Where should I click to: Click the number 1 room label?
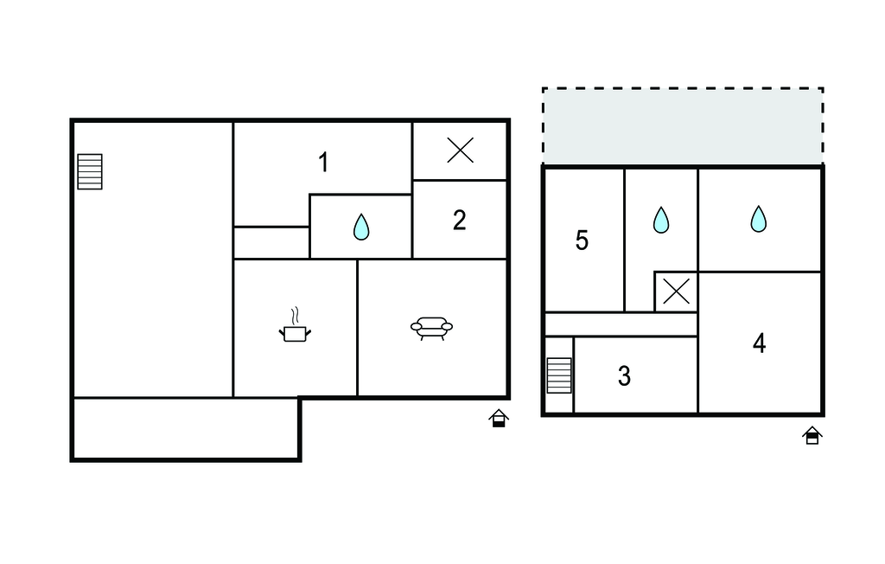[323, 163]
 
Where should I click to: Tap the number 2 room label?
[460, 221]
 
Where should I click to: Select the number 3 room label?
[624, 376]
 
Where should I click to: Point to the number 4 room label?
[759, 343]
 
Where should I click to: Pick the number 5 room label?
[582, 240]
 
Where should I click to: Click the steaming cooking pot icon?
[296, 325]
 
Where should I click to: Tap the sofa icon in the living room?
[432, 329]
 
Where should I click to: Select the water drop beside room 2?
[361, 227]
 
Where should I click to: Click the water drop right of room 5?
[661, 220]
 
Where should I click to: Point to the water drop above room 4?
[759, 219]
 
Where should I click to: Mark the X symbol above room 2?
[461, 151]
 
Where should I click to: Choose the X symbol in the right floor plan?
[676, 292]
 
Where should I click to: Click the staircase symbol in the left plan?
[90, 172]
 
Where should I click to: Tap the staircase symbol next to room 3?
[559, 375]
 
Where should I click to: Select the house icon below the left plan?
[499, 418]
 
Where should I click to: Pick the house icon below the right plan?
[812, 436]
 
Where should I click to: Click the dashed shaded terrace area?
[683, 126]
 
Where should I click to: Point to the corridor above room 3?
[621, 324]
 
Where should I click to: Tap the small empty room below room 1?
[271, 243]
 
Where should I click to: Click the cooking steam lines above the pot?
[295, 316]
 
